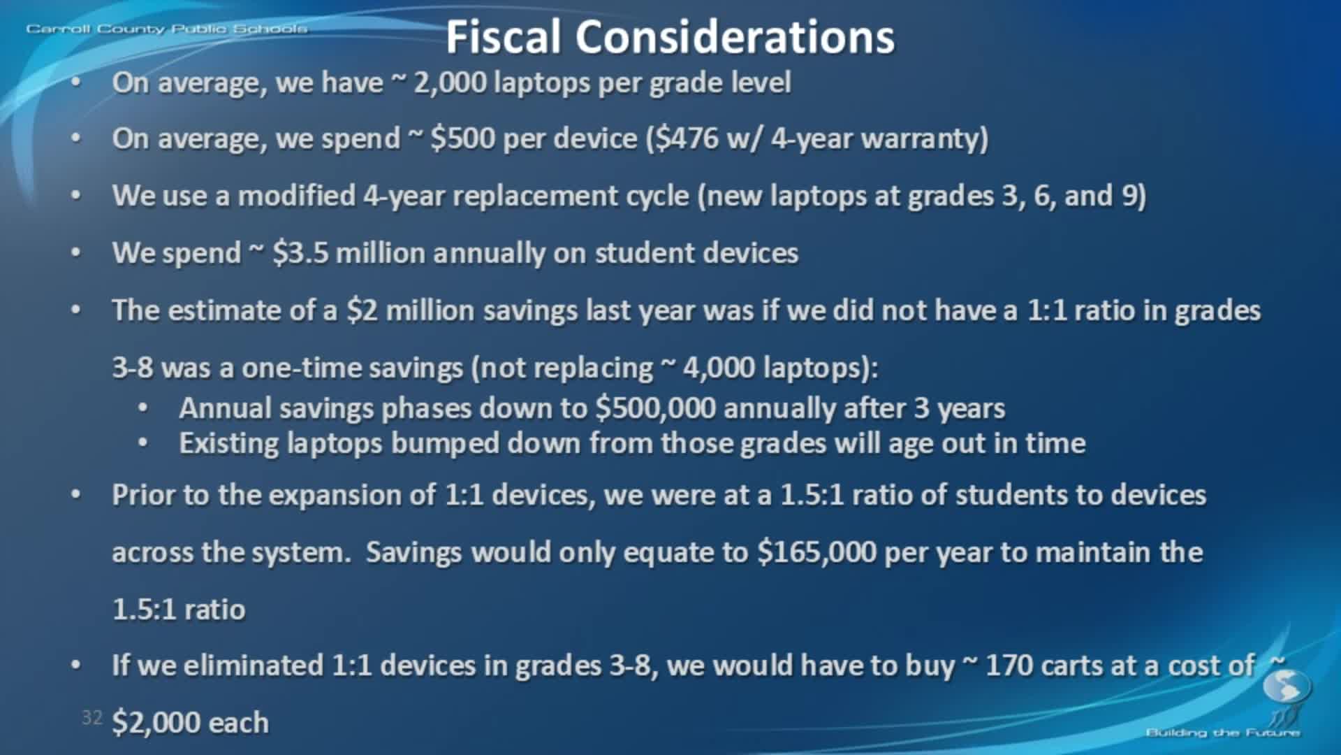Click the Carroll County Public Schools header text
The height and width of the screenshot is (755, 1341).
coord(166,29)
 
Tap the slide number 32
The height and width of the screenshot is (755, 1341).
coord(91,717)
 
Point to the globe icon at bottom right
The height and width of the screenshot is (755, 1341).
coord(1287,686)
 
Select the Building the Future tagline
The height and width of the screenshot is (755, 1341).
coord(1222,733)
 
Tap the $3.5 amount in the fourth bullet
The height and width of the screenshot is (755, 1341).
coord(300,253)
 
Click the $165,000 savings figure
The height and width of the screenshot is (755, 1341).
coord(816,552)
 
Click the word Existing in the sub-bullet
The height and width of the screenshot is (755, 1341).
coord(228,443)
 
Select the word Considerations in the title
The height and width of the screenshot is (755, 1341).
coord(735,37)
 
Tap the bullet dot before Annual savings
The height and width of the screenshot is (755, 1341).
coord(143,408)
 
